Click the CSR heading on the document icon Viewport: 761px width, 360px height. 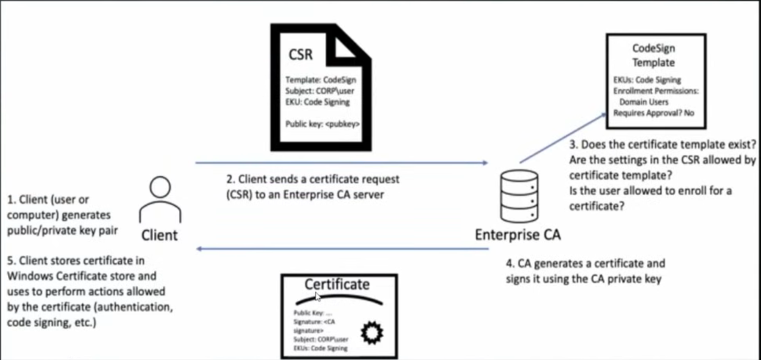[300, 54]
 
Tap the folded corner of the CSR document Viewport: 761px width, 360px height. [344, 48]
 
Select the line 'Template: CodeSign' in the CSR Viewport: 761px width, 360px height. [321, 80]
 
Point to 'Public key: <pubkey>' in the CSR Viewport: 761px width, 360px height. [322, 124]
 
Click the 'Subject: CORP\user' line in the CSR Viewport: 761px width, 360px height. [320, 91]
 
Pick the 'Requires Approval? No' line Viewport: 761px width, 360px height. [654, 113]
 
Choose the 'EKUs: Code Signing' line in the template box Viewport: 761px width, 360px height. [647, 80]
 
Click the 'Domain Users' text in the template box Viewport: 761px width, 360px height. [644, 102]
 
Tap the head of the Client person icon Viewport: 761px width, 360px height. [160, 187]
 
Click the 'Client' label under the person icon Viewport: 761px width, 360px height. [159, 235]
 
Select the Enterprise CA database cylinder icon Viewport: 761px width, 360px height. [519, 197]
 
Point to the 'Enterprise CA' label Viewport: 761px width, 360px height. [518, 234]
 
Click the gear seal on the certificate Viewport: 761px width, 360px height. [372, 333]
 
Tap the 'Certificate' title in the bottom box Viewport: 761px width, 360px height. [337, 284]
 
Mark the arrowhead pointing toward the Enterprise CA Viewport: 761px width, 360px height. [486, 163]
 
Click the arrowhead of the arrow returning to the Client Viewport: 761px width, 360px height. [200, 249]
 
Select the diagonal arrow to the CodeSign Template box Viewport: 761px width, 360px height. [563, 138]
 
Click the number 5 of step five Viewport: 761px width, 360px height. [11, 261]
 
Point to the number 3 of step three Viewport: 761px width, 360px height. [574, 144]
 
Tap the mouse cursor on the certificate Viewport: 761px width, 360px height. [317, 297]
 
